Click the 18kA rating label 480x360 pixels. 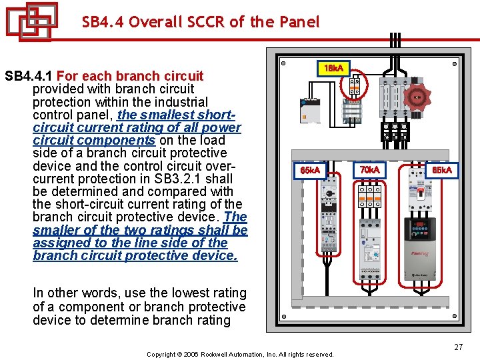click(333, 69)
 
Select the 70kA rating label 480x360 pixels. click(369, 171)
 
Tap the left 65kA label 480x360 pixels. click(311, 171)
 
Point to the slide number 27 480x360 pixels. click(458, 347)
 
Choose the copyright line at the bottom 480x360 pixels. click(240, 354)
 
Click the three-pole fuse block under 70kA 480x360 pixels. click(369, 197)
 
